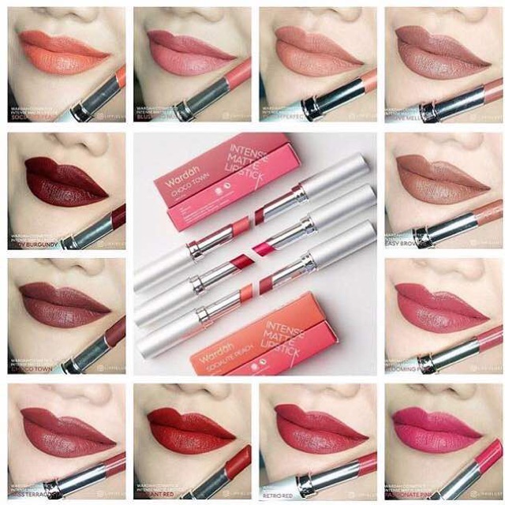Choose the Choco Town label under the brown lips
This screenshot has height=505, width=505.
(x=32, y=365)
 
